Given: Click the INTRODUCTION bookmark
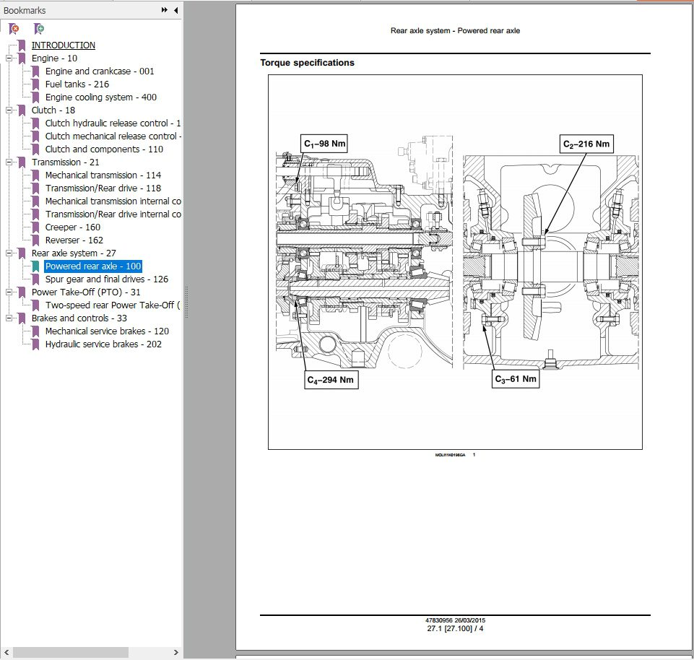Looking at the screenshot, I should click(x=63, y=45).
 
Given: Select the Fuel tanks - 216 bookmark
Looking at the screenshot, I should click(x=77, y=84).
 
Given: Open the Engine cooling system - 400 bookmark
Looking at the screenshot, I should click(x=100, y=97).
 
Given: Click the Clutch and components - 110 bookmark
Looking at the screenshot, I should click(x=104, y=149).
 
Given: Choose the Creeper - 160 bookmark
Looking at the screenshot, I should click(x=72, y=227).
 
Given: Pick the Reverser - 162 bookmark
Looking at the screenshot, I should click(x=74, y=240).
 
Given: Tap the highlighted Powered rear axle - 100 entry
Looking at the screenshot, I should click(x=93, y=266).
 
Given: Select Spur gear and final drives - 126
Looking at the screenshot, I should click(x=106, y=279).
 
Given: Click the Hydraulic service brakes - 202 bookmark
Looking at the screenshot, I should click(x=103, y=344).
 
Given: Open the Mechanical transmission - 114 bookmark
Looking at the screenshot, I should click(x=103, y=175).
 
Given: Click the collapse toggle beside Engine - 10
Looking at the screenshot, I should click(x=9, y=58).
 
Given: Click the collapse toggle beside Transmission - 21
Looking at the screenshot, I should click(x=9, y=162).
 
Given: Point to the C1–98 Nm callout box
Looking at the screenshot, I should click(x=324, y=144).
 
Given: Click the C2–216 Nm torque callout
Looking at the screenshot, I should click(x=586, y=144).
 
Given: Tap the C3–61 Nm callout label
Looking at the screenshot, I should click(x=516, y=379).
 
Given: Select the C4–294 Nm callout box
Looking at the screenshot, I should click(x=331, y=380).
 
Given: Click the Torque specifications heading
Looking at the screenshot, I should click(x=307, y=63).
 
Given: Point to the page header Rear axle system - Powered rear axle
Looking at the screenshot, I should click(x=455, y=31).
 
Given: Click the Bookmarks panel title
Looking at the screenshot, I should click(x=25, y=11).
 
